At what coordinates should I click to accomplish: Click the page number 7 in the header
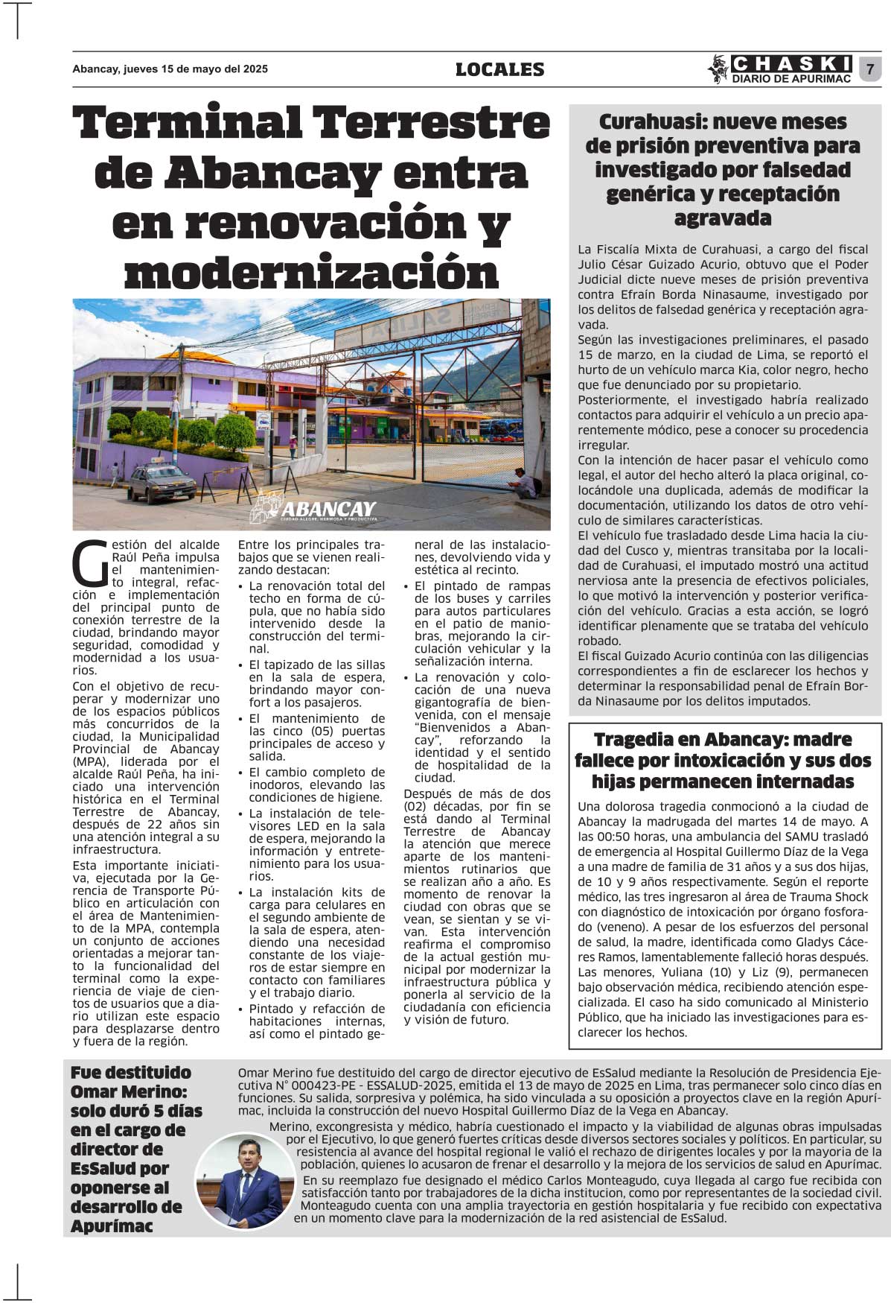(x=869, y=69)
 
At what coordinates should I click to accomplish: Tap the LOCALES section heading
(x=499, y=69)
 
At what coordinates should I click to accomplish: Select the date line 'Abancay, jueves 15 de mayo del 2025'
(x=170, y=69)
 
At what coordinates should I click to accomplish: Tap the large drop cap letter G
(x=89, y=564)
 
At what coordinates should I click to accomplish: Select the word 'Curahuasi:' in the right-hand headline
(x=648, y=121)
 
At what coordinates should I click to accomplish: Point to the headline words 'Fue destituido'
(x=131, y=1073)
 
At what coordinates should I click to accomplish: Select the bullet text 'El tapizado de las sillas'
(x=317, y=665)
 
